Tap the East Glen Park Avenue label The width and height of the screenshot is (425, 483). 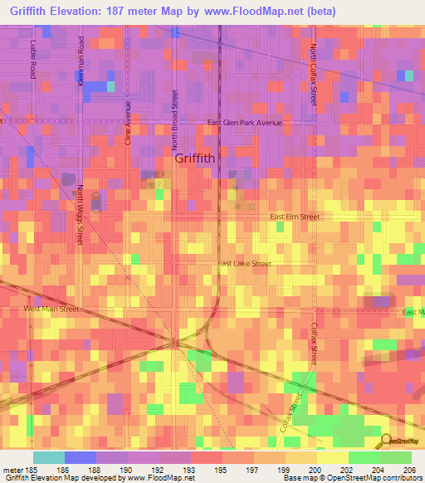(x=245, y=123)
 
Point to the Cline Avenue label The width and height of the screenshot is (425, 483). (x=128, y=124)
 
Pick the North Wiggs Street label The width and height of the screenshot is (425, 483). (x=81, y=214)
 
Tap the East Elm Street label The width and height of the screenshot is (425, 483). (x=295, y=217)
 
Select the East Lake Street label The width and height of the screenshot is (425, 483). (x=245, y=264)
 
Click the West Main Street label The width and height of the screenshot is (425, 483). (x=51, y=309)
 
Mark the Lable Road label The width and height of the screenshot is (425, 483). (x=34, y=59)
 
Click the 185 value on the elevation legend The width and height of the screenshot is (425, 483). (x=32, y=469)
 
